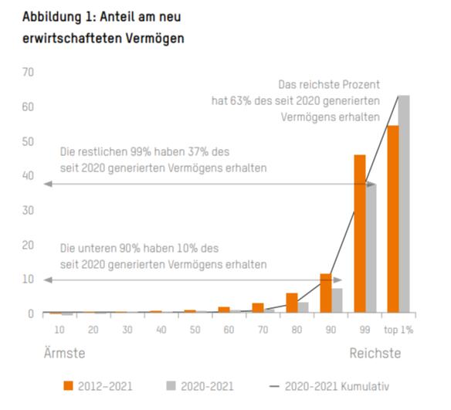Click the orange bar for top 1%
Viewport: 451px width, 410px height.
[392, 219]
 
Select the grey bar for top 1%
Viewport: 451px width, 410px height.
[403, 205]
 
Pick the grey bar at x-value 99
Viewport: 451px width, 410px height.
[371, 248]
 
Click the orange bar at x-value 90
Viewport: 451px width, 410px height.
[325, 293]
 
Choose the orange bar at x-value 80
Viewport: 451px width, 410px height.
[291, 303]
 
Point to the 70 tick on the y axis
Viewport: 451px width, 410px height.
[29, 73]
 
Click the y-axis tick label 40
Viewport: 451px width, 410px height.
[29, 176]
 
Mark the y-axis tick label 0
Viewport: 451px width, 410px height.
[32, 313]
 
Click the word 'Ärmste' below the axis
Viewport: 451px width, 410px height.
[63, 353]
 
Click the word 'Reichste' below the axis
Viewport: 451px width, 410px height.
[375, 353]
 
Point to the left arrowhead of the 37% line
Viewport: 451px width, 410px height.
[47, 184]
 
